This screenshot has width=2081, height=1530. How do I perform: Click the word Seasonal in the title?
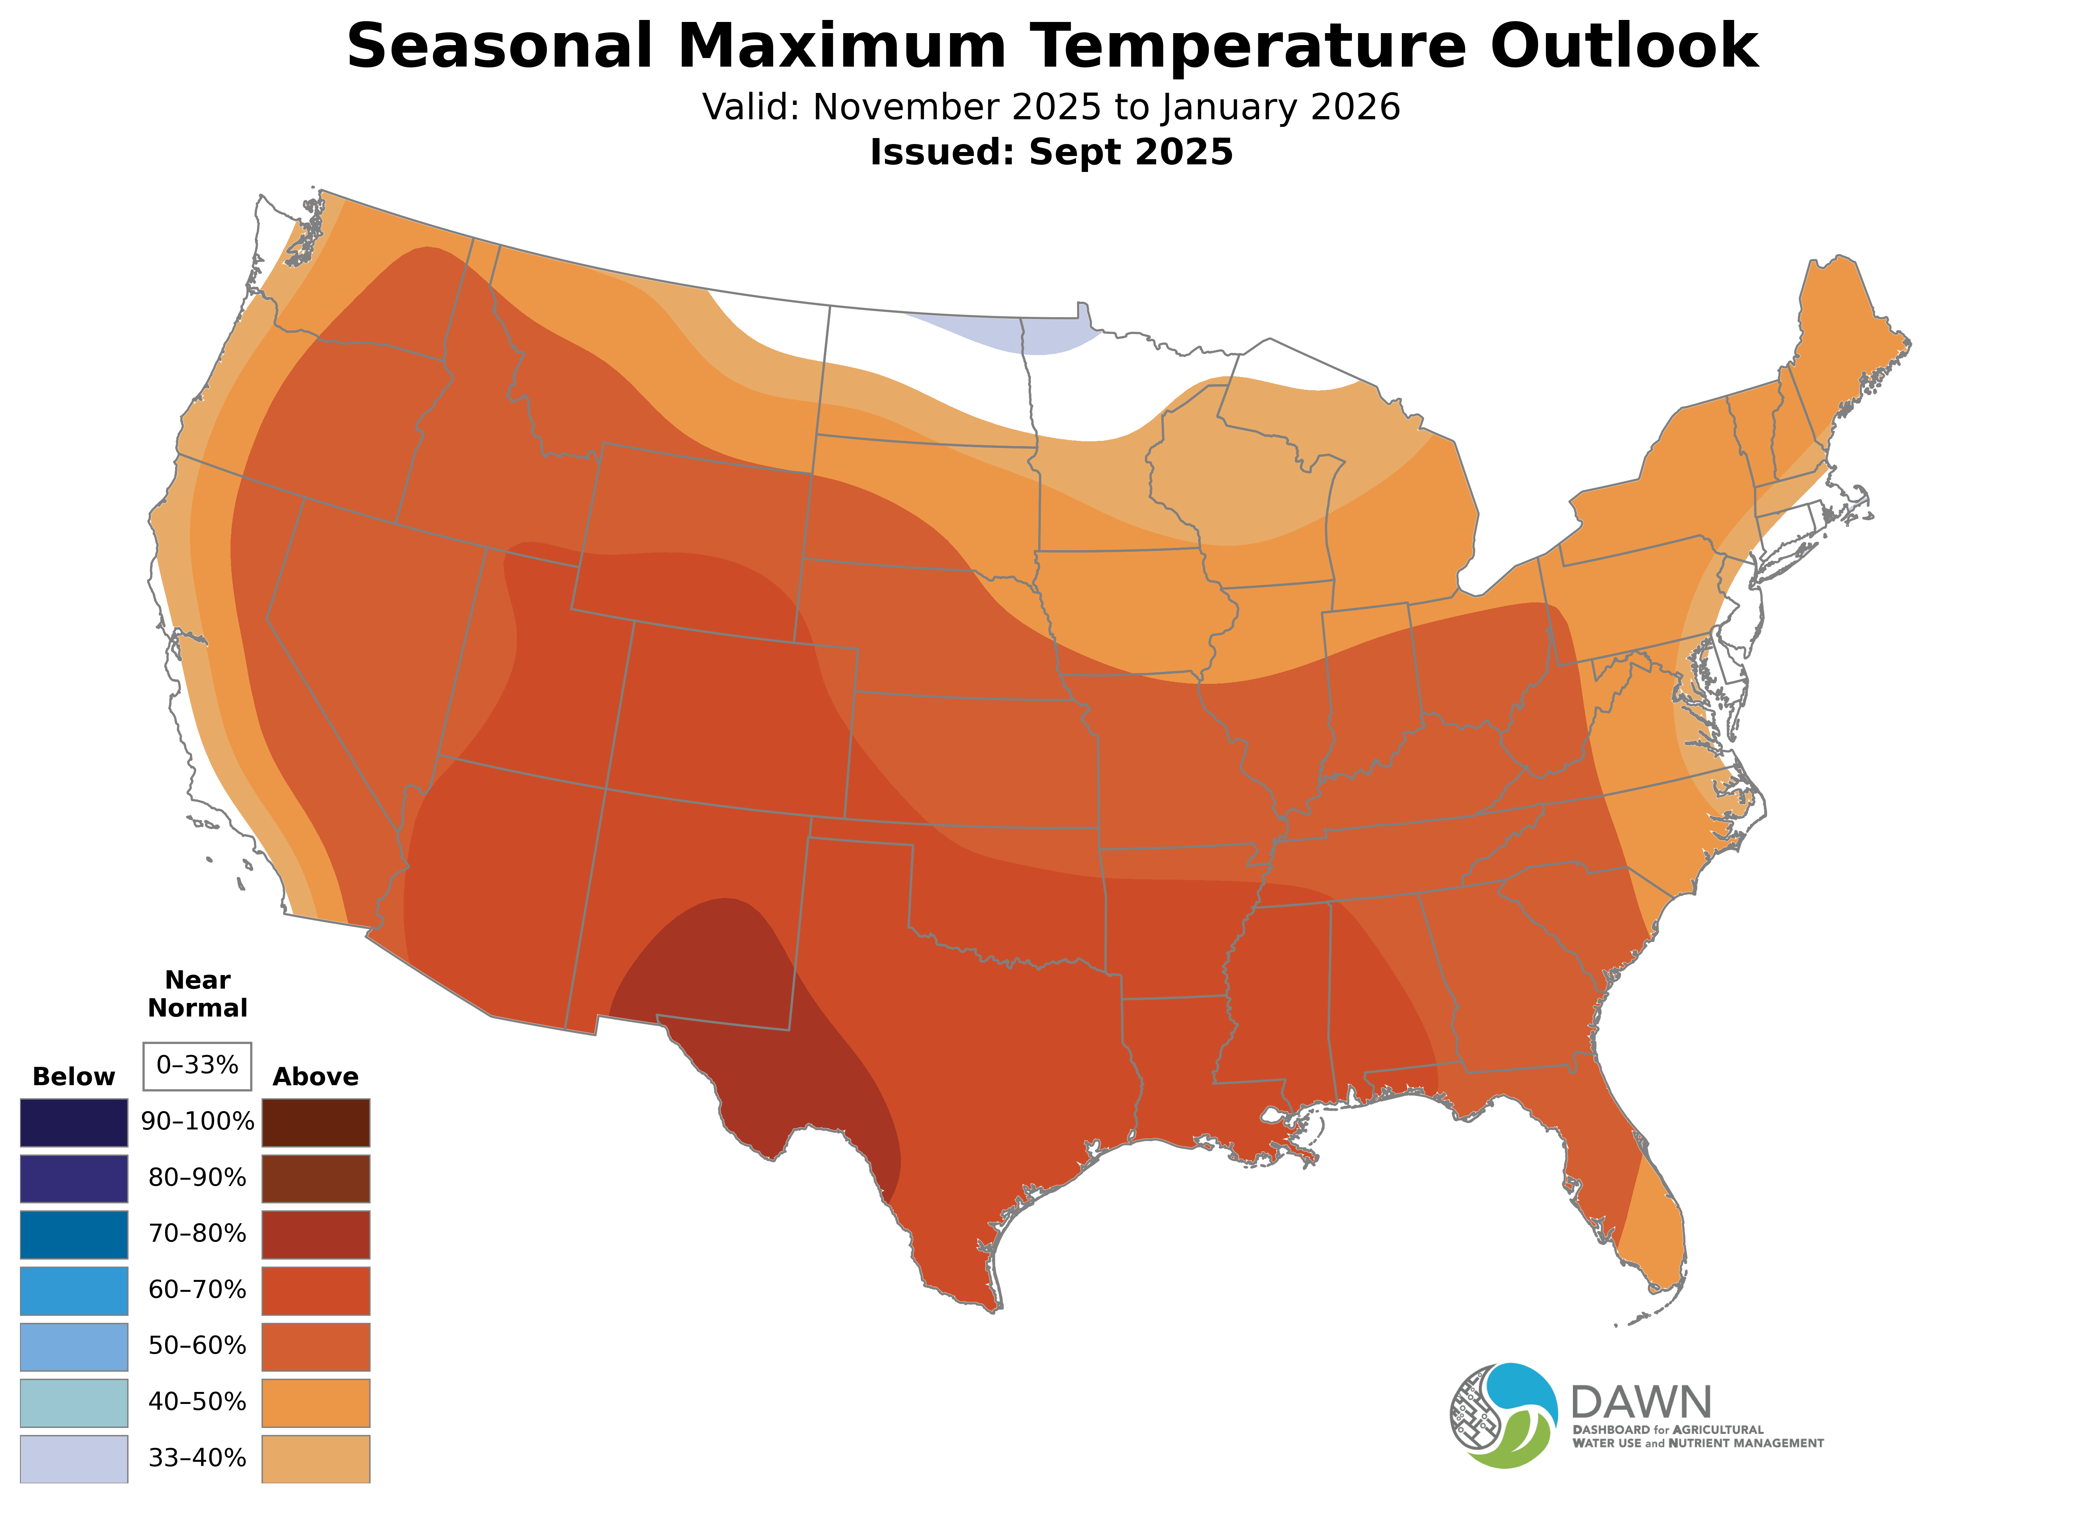click(x=500, y=46)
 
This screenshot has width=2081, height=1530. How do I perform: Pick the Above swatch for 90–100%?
click(x=316, y=1123)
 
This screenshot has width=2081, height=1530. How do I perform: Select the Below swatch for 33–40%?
click(x=74, y=1459)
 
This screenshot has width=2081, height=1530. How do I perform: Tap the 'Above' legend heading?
click(x=316, y=1077)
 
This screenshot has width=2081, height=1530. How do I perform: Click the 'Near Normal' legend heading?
click(x=197, y=994)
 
